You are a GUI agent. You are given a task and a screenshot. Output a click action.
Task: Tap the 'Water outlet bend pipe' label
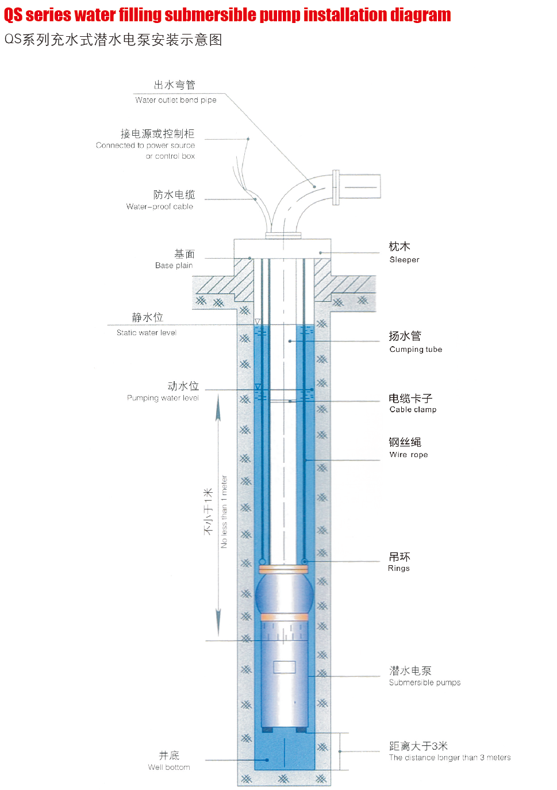coord(176,100)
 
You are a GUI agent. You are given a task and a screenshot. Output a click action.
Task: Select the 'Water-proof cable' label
coord(160,206)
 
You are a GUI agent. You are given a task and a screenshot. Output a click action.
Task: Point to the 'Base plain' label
coord(174,265)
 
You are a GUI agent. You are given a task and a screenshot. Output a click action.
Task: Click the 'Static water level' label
coord(147,332)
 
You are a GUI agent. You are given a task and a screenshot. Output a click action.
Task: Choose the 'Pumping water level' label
coord(163,398)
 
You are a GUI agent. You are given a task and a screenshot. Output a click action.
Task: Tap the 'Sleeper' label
coord(404,259)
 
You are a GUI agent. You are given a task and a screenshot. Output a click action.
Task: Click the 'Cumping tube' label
coord(416,349)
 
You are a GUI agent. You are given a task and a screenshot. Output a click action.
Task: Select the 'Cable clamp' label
coord(413,409)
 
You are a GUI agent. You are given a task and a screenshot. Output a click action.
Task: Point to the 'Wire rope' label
coord(409,454)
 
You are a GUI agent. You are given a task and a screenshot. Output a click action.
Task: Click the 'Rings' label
coord(398,568)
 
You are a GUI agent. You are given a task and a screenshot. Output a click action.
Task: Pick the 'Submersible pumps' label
coord(425,682)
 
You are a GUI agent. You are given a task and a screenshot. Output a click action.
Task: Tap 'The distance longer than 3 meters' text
coord(450,757)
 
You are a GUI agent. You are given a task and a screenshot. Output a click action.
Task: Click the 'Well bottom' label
coord(169,767)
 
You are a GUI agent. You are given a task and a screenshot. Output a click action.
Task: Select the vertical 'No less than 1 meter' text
coord(224,511)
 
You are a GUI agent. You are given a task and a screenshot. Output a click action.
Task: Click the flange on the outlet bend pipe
coord(336,187)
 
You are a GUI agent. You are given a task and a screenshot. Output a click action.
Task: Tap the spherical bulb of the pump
coord(284,594)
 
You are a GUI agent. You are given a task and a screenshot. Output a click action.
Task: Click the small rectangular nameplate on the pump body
coord(284,667)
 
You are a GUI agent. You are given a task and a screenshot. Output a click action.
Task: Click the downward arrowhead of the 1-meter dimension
coord(218,624)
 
